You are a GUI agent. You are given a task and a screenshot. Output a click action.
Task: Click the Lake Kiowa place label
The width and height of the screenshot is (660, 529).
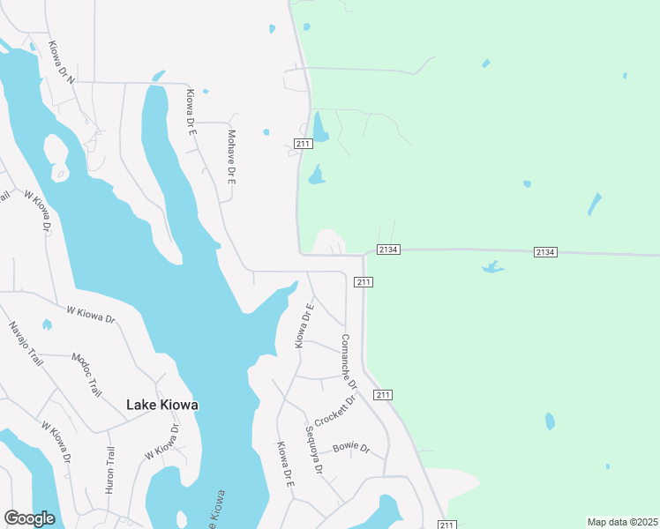[x=162, y=405]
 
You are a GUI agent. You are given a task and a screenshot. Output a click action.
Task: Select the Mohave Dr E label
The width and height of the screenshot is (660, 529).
[x=232, y=157]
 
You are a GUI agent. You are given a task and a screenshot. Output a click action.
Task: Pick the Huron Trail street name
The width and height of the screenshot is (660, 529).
[x=110, y=469]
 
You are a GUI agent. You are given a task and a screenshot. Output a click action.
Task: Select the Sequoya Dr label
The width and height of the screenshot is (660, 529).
[x=314, y=449]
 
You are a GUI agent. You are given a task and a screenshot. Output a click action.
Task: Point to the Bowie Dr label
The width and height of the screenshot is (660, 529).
[x=350, y=448]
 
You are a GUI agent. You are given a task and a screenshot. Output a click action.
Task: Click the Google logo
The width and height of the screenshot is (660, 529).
[x=29, y=518]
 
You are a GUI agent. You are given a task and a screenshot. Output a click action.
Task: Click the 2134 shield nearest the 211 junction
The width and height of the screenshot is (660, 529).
[x=389, y=250]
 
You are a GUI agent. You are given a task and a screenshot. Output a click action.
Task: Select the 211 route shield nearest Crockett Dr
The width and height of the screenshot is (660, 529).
[x=382, y=394]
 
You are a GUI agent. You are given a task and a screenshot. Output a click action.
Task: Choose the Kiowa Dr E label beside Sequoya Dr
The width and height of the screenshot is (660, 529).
[x=284, y=465]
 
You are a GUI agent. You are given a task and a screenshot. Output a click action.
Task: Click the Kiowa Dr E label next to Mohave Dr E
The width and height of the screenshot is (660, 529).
[x=189, y=110]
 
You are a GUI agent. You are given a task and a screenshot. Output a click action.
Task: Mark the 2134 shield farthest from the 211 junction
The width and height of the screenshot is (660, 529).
[x=545, y=253]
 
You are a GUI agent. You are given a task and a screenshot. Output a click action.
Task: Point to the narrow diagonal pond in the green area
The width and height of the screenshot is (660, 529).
[x=595, y=205]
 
